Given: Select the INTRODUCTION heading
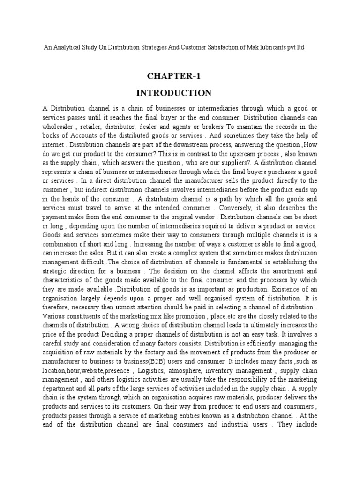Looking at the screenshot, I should pyautogui.click(x=180, y=92).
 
